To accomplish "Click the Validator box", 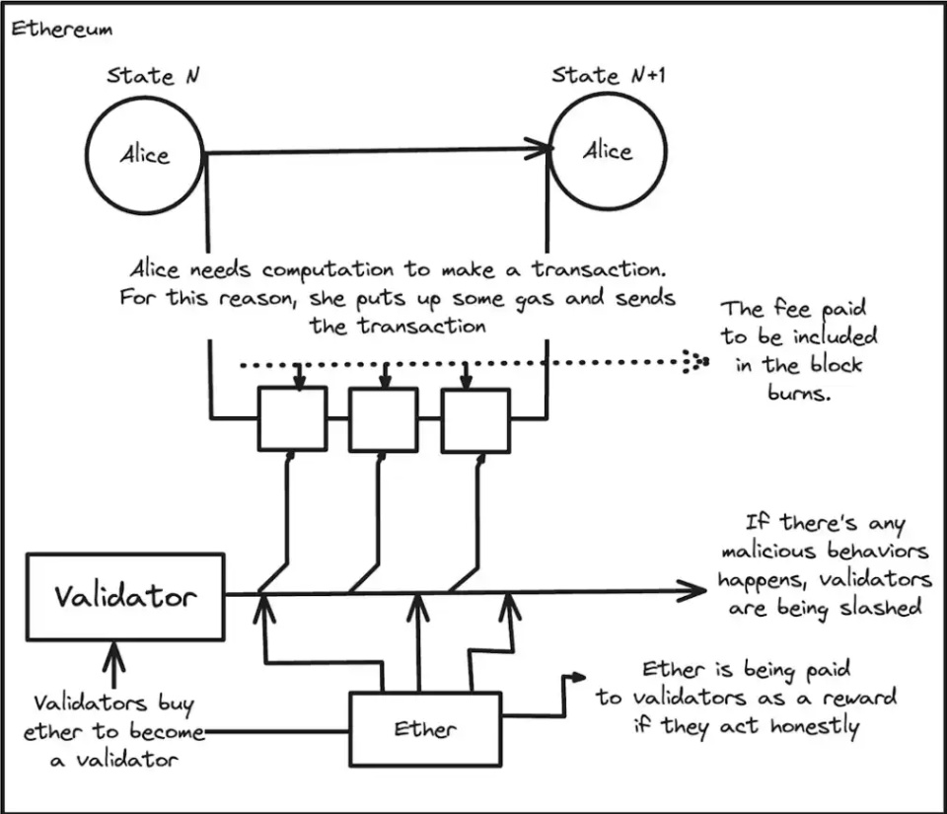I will pyautogui.click(x=125, y=596).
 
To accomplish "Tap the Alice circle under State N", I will pyautogui.click(x=145, y=155).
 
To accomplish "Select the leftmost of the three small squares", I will pyautogui.click(x=292, y=418).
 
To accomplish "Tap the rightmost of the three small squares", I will pyautogui.click(x=474, y=418).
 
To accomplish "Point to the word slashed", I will pyautogui.click(x=879, y=607).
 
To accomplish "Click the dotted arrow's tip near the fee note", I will pyautogui.click(x=702, y=363).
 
